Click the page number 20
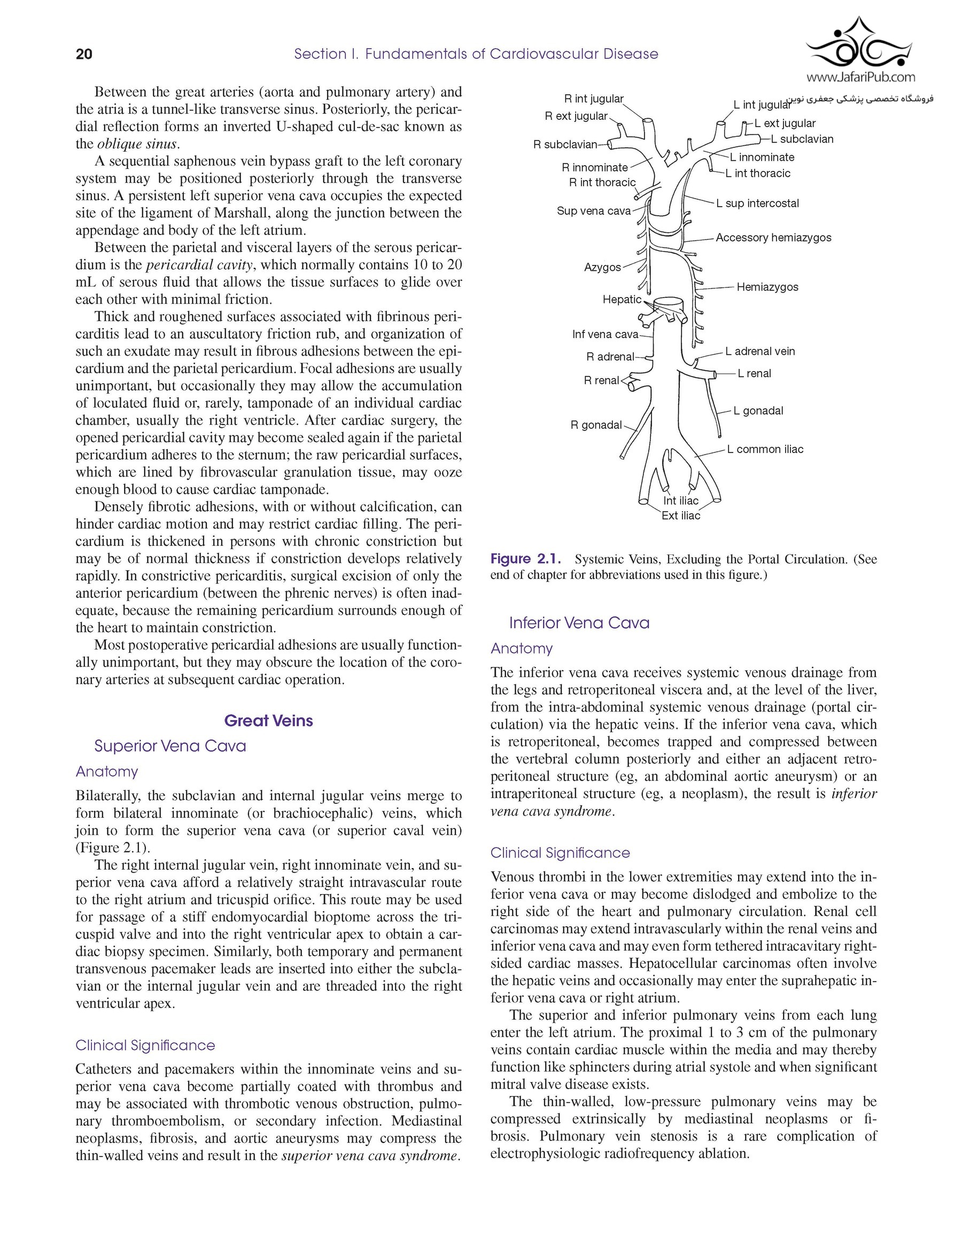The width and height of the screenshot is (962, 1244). click(84, 54)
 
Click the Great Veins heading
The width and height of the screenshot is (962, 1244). click(268, 721)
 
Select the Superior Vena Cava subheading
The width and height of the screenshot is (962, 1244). click(170, 746)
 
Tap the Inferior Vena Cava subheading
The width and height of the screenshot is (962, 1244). click(579, 623)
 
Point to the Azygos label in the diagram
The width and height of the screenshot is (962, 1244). click(602, 267)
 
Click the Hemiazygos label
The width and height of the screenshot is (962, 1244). click(767, 287)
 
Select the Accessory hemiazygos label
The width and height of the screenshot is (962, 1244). click(773, 238)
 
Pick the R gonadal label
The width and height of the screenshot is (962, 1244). click(596, 425)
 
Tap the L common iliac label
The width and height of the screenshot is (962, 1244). click(765, 449)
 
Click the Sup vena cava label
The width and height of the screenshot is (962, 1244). click(593, 211)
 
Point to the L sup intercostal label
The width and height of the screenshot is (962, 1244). click(757, 204)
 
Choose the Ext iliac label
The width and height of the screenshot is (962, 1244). click(680, 515)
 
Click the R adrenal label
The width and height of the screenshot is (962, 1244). click(610, 357)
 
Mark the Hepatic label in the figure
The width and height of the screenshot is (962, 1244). click(622, 300)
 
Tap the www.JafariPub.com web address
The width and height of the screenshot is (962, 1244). click(860, 77)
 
